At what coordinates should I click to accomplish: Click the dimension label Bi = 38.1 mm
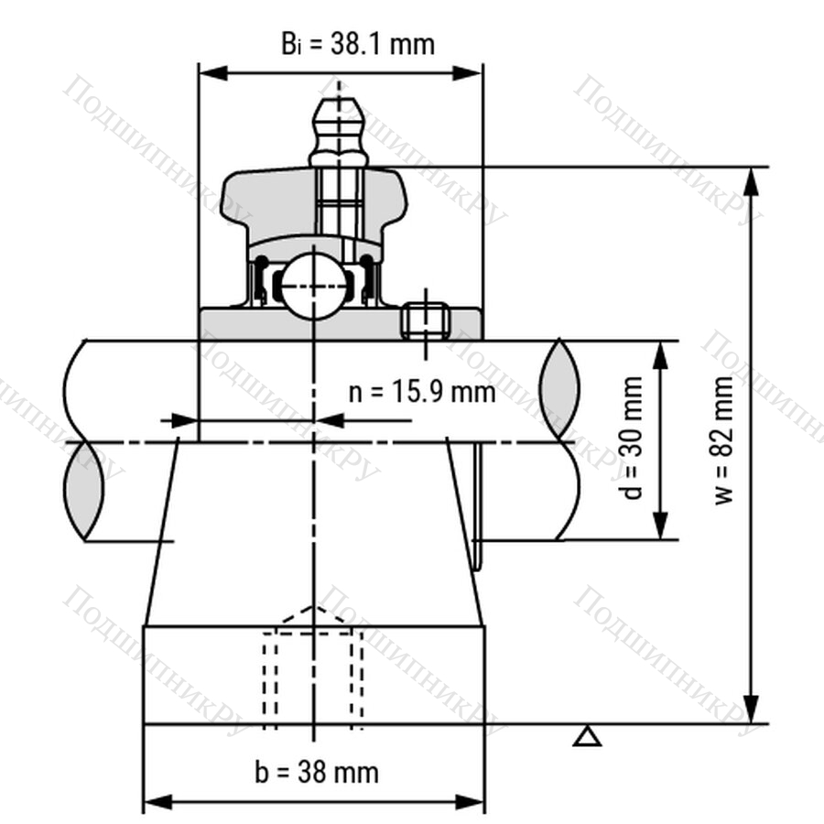tap(358, 44)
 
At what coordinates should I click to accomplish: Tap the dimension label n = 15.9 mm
tap(422, 392)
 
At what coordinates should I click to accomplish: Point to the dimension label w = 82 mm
tap(723, 439)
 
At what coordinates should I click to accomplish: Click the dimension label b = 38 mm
tap(317, 773)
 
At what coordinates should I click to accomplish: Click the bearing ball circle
tap(314, 286)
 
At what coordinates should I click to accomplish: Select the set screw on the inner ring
tap(426, 321)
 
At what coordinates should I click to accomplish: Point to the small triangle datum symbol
tap(588, 737)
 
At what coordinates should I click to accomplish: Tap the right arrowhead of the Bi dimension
tap(468, 73)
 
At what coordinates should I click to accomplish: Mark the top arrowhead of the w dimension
tap(753, 182)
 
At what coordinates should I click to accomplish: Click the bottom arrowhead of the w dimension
tap(753, 709)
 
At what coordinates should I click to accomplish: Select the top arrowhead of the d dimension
tap(660, 355)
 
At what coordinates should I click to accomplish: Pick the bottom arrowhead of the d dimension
tap(660, 526)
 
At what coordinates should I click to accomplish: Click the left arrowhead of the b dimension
tap(158, 802)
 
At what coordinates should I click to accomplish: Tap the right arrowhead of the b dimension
tap(470, 802)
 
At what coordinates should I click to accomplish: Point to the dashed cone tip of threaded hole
tap(314, 607)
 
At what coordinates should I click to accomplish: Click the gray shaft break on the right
tap(560, 390)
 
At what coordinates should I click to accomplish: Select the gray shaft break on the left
tap(83, 491)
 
